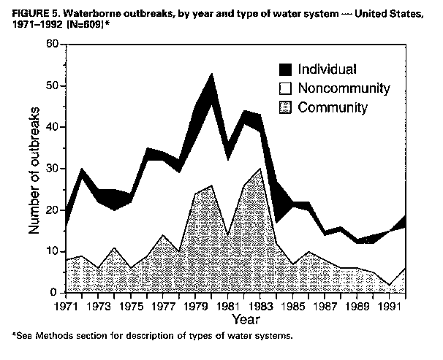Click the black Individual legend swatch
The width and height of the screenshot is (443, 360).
click(287, 70)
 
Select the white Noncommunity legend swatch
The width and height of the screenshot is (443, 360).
click(287, 89)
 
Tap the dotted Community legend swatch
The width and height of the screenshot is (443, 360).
click(287, 108)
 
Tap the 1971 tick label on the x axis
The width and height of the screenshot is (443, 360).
click(67, 305)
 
